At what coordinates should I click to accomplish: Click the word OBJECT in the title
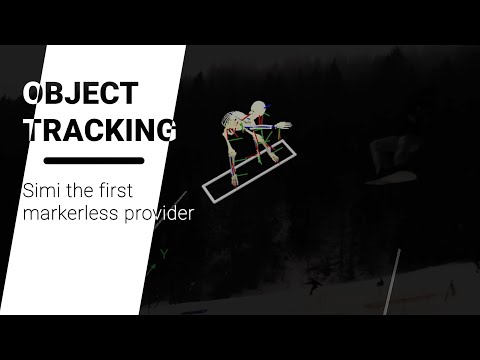[81, 94]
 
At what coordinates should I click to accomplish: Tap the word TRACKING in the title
[99, 130]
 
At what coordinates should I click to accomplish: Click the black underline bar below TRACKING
[96, 160]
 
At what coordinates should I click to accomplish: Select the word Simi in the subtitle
[39, 190]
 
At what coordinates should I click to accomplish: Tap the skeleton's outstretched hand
[284, 126]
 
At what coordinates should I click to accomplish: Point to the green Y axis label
[163, 255]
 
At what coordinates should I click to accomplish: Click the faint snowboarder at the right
[394, 160]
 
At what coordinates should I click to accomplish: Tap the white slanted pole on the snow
[393, 280]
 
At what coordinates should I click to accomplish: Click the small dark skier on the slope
[314, 286]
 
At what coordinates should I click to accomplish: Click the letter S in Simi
[27, 190]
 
